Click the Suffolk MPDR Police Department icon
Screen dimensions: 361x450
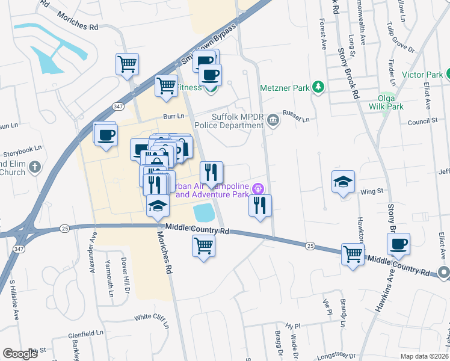[273, 119]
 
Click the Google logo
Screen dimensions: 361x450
[20, 354]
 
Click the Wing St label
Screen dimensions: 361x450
[372, 191]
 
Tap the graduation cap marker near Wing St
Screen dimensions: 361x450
[343, 182]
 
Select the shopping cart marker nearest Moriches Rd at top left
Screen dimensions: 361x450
[128, 63]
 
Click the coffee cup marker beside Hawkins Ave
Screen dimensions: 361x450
[398, 244]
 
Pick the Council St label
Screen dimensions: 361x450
[422, 121]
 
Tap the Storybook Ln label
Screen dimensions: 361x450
[22, 147]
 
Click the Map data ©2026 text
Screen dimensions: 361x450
[425, 356]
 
